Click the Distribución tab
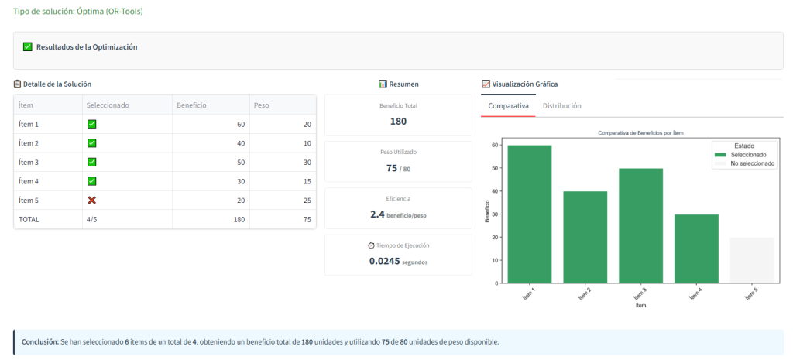coord(561,105)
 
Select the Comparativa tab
coord(508,105)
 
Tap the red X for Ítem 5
coord(91,200)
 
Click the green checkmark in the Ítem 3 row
coord(91,162)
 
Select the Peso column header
coord(261,105)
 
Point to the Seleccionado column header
coord(108,105)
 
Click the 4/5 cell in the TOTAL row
coord(94,219)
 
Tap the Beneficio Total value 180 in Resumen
coord(398,121)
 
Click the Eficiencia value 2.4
coord(377,214)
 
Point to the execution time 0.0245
coord(384,261)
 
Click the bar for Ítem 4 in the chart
coord(696,249)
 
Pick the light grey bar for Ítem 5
coord(752,260)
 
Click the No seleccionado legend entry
coord(752,163)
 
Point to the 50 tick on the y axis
coord(496,168)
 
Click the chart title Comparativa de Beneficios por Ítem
coord(640,133)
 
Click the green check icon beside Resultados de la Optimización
coord(28,47)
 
